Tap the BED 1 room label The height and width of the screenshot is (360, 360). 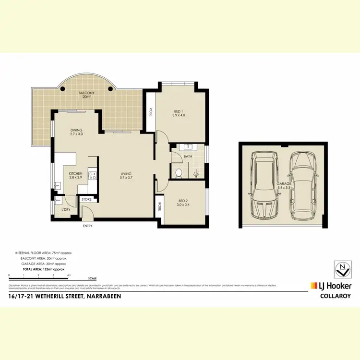pyautogui.click(x=179, y=113)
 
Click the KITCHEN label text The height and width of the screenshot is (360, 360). pyautogui.click(x=75, y=176)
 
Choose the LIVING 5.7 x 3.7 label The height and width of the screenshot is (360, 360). pyautogui.click(x=126, y=176)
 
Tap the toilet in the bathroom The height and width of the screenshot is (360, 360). pyautogui.click(x=178, y=172)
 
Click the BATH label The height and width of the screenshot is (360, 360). pyautogui.click(x=188, y=156)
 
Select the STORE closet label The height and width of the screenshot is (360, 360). pyautogui.click(x=87, y=199)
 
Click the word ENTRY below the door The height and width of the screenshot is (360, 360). pyautogui.click(x=87, y=226)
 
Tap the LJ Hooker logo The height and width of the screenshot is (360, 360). pyautogui.click(x=331, y=286)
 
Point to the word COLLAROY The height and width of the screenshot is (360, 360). pyautogui.click(x=336, y=296)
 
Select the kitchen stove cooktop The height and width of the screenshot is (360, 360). pyautogui.click(x=93, y=176)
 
